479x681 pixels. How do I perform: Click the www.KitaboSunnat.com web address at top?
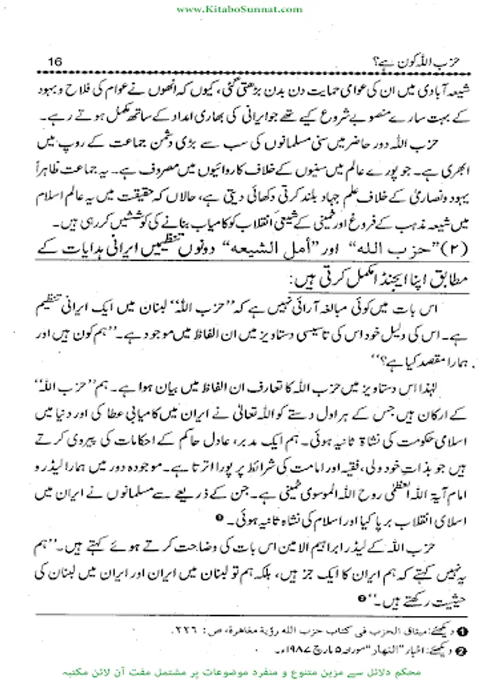pyautogui.click(x=239, y=8)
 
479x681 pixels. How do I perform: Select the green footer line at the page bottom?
pyautogui.click(x=239, y=670)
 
